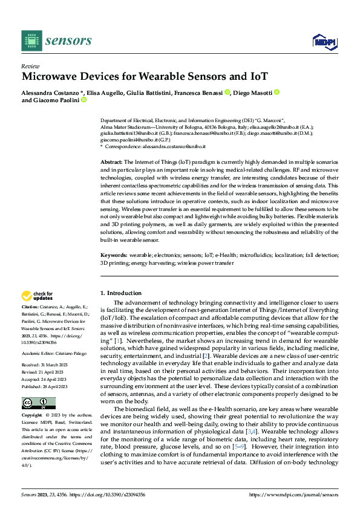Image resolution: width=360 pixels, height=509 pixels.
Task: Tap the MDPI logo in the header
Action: point(324,41)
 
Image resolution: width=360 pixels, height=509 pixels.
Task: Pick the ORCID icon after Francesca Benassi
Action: point(227,92)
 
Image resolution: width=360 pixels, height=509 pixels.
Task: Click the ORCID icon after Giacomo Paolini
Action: point(83,100)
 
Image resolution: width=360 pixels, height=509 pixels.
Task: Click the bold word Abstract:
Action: point(111,163)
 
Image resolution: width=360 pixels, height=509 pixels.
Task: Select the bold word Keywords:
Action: point(114,256)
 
